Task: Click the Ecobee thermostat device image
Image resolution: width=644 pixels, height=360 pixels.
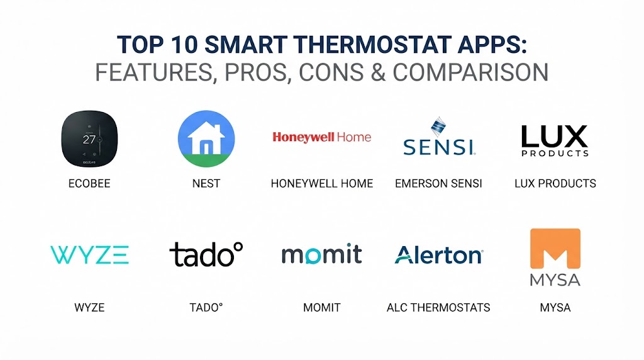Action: point(89,139)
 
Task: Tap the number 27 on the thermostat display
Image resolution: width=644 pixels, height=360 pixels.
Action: point(89,140)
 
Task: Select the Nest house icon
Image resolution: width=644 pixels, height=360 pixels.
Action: point(206,139)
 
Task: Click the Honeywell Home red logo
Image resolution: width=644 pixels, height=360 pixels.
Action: point(321,137)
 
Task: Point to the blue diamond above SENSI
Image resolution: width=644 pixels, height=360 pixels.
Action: point(438,127)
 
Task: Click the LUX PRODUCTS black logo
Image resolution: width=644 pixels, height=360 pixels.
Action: point(555,141)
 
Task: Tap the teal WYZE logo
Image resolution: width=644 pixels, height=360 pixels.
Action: point(89,255)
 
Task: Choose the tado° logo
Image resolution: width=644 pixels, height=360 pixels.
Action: point(206,254)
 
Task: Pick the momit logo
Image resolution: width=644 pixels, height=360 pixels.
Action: point(321,254)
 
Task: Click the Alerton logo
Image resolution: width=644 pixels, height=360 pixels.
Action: point(438,255)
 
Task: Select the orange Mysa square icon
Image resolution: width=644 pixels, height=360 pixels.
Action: point(555,248)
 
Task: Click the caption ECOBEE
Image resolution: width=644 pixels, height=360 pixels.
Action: point(89,183)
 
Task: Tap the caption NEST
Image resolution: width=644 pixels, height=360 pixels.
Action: point(206,183)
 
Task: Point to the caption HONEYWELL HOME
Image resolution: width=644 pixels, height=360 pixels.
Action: point(322,183)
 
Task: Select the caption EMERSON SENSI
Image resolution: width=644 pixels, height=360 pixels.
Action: point(438,183)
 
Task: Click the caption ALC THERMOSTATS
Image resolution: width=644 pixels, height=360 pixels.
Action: point(438,307)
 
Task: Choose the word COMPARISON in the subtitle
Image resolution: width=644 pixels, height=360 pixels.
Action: point(470,72)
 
